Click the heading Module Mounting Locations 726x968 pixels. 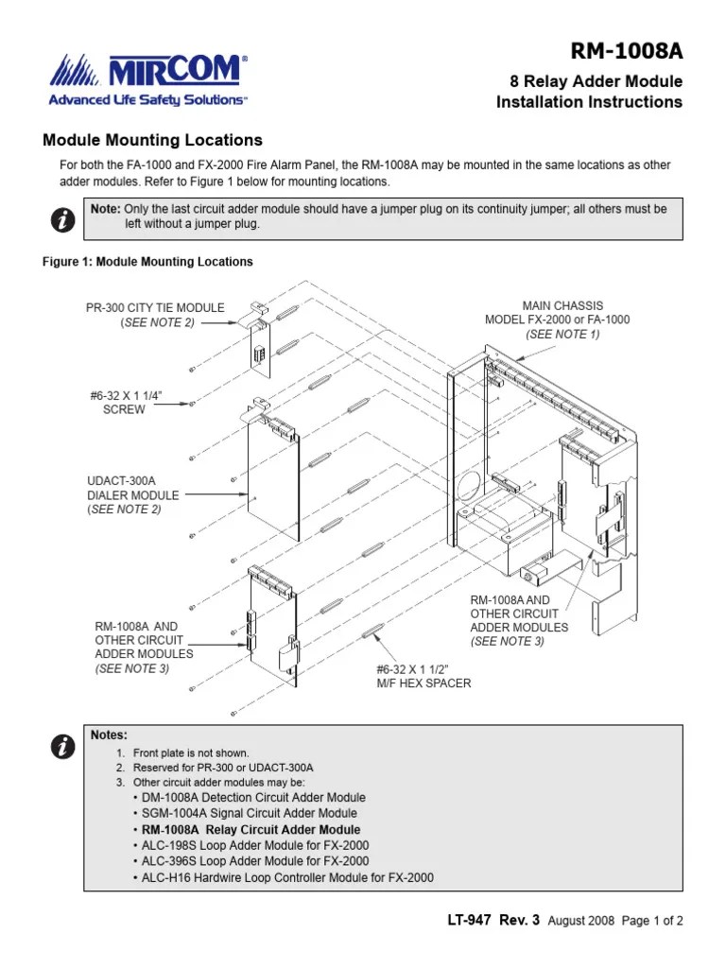(x=152, y=140)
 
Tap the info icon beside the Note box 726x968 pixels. (x=61, y=220)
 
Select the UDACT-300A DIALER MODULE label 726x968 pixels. (x=132, y=494)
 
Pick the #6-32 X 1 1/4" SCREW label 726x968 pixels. (x=124, y=403)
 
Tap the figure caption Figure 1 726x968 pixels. (x=147, y=262)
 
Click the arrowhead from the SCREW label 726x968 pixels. (x=192, y=404)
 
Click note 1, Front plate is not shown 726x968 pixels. (x=190, y=753)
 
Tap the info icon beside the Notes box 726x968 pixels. (x=61, y=747)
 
